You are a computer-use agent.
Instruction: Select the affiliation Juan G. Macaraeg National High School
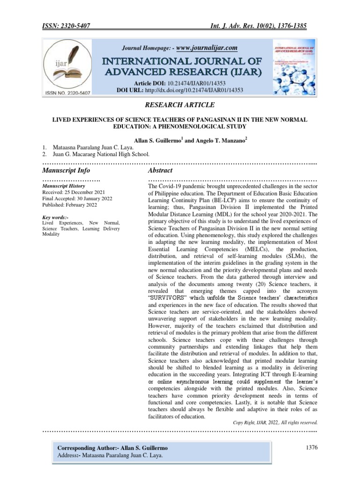[102, 154]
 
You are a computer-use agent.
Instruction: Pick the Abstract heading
[160, 170]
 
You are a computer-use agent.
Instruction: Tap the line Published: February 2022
[71, 205]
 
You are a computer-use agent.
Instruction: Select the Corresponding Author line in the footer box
[112, 449]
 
